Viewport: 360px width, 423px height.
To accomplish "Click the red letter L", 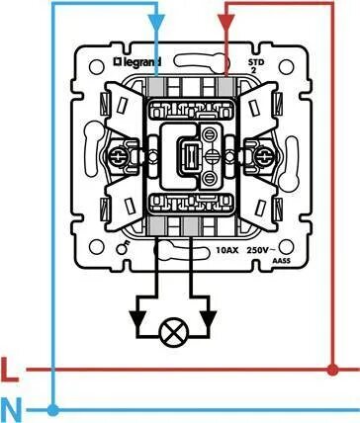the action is coord(9,370).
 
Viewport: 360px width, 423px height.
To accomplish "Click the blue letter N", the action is coord(11,410).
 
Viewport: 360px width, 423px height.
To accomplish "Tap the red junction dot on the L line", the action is coord(332,370).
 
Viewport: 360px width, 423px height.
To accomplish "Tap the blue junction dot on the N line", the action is coord(52,410).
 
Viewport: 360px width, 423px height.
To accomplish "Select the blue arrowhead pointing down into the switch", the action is coord(156,23).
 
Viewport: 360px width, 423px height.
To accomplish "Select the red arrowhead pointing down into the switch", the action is coord(225,23).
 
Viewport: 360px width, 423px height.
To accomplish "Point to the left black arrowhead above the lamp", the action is coord(137,320).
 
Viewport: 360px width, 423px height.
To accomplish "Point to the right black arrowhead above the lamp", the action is coord(209,320).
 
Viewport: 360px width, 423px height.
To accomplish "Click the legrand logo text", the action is coord(136,62).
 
